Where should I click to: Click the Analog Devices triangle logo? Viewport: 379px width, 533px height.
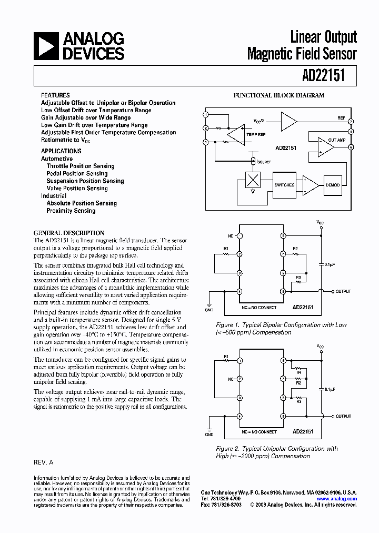[46, 46]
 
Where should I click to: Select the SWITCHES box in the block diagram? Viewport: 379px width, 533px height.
[284, 185]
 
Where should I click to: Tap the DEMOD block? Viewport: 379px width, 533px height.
[332, 185]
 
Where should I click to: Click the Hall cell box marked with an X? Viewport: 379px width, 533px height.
[253, 180]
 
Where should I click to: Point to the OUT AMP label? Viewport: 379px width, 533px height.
[336, 140]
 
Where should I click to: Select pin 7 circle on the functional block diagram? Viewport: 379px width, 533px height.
[351, 121]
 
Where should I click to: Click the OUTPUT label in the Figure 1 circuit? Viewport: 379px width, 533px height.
[344, 291]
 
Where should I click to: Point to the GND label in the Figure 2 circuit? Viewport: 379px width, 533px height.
[209, 435]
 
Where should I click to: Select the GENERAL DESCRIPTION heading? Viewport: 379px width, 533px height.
[69, 233]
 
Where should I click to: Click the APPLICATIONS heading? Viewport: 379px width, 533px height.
[61, 151]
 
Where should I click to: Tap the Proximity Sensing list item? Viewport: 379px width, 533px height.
[71, 211]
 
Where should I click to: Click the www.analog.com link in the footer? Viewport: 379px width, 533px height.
[337, 498]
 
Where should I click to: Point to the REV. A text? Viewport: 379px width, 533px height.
[44, 462]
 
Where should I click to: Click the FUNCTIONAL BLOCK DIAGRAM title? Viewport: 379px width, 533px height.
[279, 96]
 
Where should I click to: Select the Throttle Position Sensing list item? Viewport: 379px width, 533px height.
[81, 166]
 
